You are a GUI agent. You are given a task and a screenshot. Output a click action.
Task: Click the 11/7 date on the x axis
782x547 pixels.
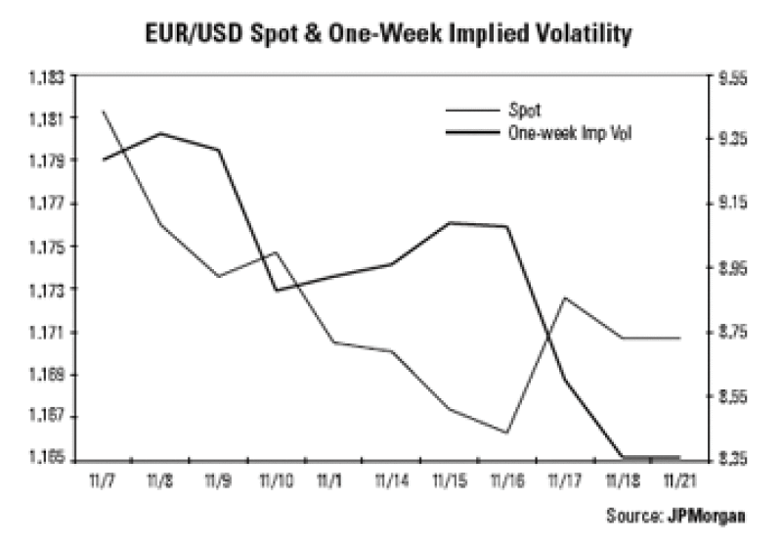[x=103, y=480]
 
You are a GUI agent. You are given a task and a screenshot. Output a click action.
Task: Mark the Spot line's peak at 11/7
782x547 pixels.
[x=103, y=112]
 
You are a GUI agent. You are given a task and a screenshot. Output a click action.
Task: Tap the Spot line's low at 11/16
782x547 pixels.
[x=506, y=433]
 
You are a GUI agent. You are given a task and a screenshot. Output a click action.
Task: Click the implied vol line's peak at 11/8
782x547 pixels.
[x=160, y=133]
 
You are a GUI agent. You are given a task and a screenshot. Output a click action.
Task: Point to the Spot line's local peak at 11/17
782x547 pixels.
[x=564, y=297]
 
